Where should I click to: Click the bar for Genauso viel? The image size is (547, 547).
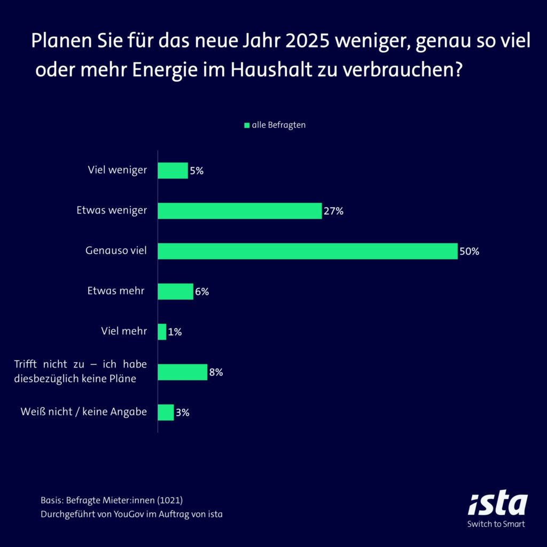[308, 251]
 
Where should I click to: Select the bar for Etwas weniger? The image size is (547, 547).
[240, 210]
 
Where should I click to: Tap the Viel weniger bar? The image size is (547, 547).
[173, 170]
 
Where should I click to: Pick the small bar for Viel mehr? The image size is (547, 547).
[162, 332]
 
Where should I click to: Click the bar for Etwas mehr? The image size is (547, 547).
[175, 292]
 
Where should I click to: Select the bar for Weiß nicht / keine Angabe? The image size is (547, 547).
[166, 412]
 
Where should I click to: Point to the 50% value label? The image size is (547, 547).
[469, 252]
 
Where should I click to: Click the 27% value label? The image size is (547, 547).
[333, 211]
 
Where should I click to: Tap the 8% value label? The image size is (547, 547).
[216, 372]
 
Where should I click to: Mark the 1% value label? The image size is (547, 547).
[175, 332]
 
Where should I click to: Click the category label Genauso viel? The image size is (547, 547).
[116, 251]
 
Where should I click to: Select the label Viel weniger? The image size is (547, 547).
[117, 170]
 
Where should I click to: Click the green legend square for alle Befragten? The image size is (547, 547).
[247, 126]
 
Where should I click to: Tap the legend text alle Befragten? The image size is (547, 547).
[278, 125]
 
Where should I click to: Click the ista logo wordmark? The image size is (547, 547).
[498, 504]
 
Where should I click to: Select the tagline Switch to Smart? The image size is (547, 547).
[496, 524]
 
